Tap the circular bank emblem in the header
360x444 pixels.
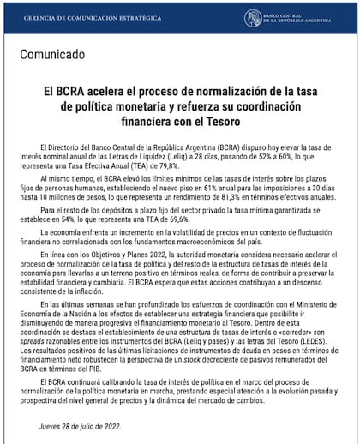[x=254, y=18]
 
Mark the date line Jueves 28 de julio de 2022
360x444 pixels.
[x=80, y=426]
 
